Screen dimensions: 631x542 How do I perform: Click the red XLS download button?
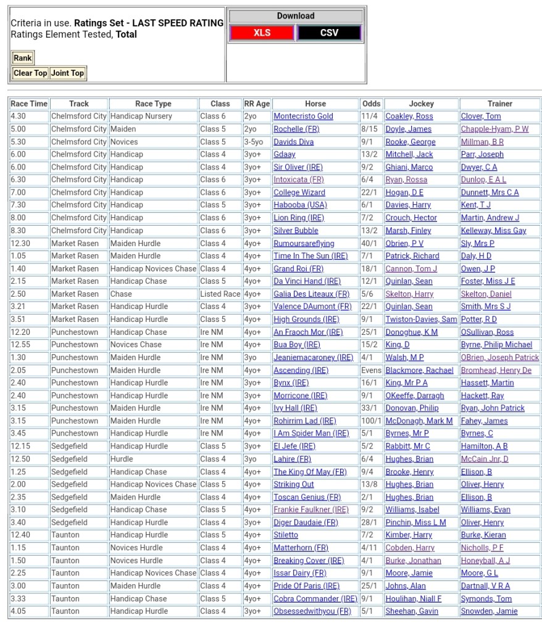[262, 33]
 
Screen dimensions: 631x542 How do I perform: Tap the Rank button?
[23, 58]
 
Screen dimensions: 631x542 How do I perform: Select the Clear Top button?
[30, 73]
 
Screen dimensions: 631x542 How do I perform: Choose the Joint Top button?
[67, 73]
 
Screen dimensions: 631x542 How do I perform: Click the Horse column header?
[315, 104]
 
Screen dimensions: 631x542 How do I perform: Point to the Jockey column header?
[421, 104]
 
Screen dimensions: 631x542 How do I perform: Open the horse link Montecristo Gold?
[303, 116]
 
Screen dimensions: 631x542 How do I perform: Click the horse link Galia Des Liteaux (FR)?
[311, 294]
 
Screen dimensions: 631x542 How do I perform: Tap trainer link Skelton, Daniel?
[486, 294]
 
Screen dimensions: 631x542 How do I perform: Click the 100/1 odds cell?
[371, 421]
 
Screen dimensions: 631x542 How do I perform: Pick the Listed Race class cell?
[220, 294]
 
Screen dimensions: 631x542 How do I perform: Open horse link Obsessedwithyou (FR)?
[312, 611]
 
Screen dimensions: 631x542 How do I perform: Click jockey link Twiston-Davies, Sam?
[421, 320]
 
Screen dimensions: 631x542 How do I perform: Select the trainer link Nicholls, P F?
[482, 548]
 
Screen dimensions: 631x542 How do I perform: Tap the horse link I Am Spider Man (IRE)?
[311, 434]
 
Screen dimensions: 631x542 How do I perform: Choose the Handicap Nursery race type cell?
[141, 116]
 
